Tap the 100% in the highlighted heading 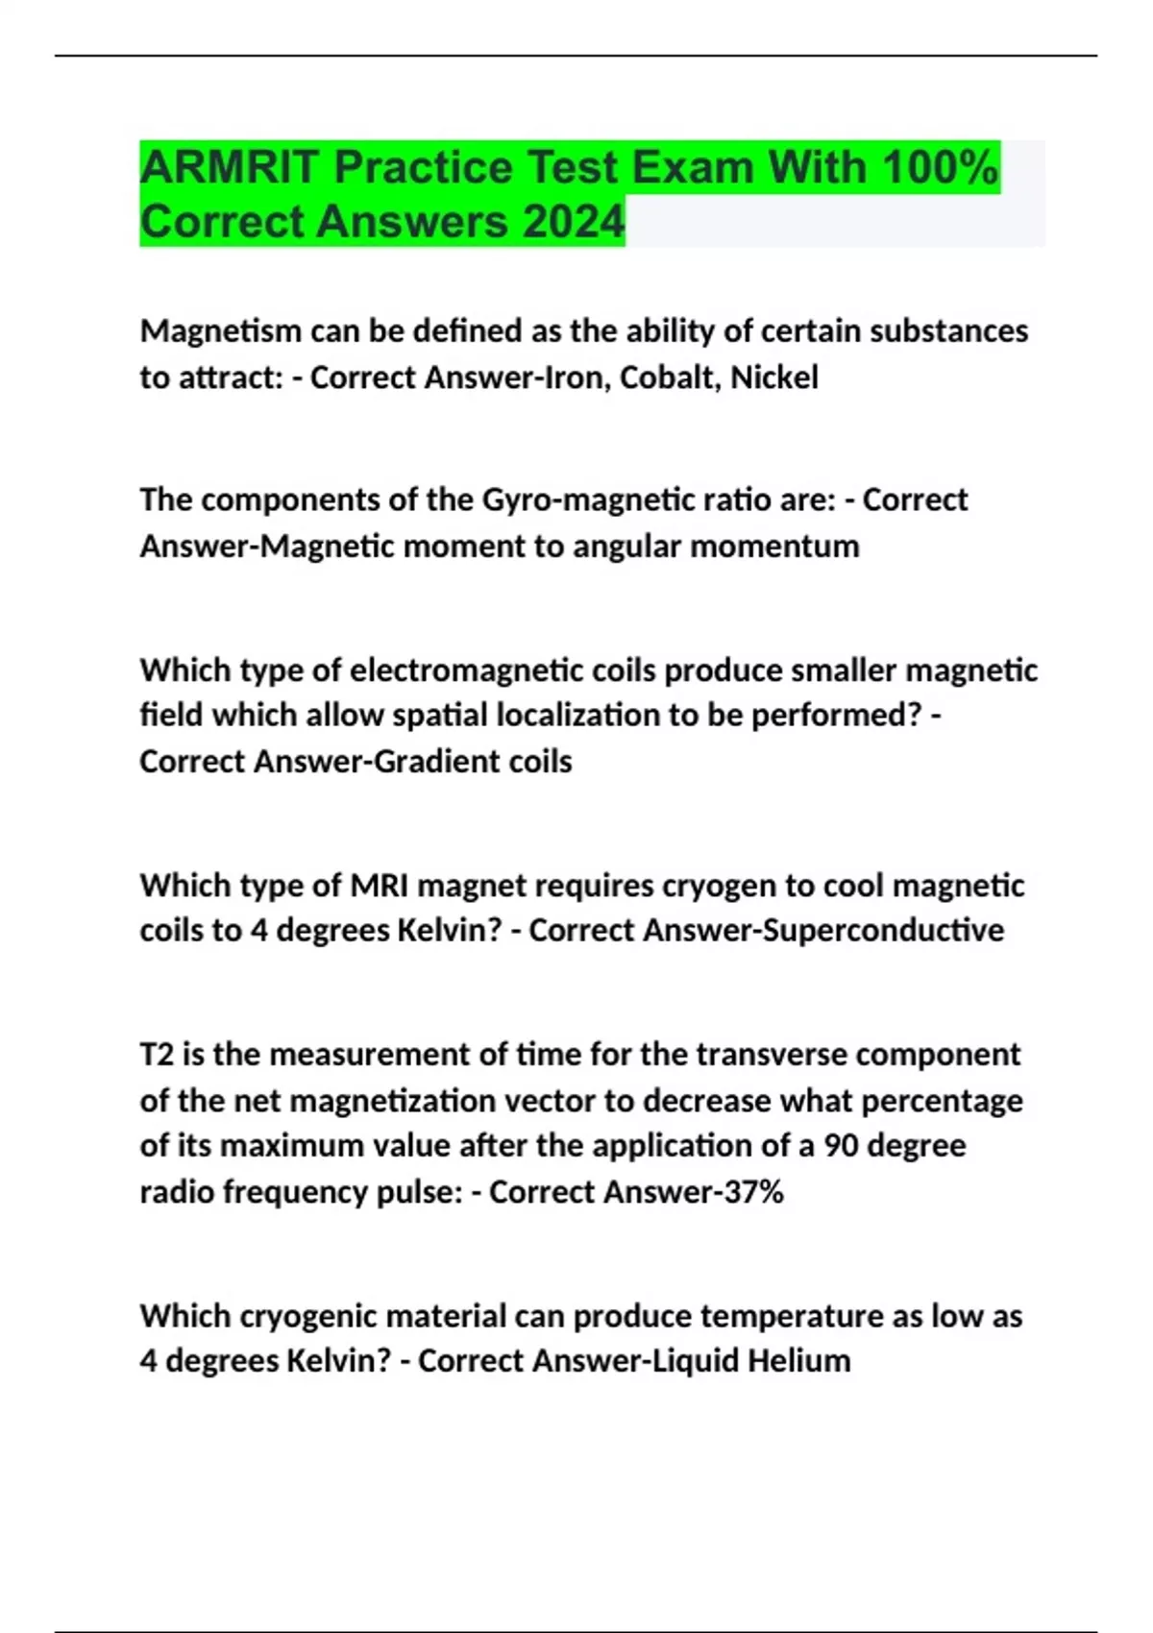click(x=940, y=167)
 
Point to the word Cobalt click(x=670, y=378)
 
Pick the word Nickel click(x=774, y=378)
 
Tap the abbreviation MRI click(x=380, y=885)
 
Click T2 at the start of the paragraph click(x=157, y=1055)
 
